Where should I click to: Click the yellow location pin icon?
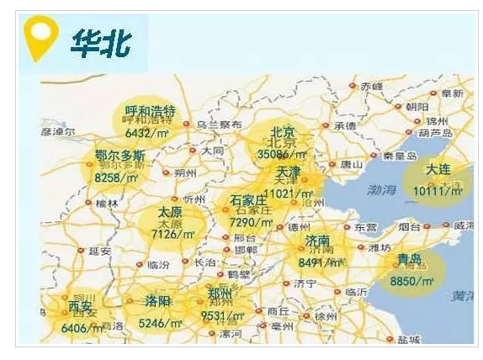pos(40,38)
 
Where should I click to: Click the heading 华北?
pos(100,43)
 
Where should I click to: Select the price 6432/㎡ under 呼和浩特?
pos(148,132)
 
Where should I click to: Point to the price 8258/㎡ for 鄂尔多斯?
pos(116,177)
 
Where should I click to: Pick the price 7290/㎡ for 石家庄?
pos(251,222)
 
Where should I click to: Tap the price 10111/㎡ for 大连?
pos(438,191)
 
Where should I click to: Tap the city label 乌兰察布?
pos(218,124)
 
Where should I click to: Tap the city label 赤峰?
pos(371,86)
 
